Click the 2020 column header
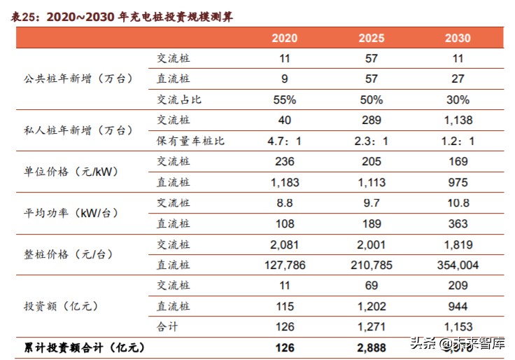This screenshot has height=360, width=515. (x=284, y=39)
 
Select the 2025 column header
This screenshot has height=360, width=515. (x=371, y=39)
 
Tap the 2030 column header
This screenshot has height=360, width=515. (x=458, y=39)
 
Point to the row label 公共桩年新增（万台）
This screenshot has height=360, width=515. (x=78, y=79)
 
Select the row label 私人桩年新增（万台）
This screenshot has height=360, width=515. (x=78, y=130)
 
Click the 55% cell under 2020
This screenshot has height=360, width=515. (x=284, y=99)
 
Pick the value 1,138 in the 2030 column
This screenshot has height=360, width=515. (x=458, y=120)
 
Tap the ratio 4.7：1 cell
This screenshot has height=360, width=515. (x=284, y=141)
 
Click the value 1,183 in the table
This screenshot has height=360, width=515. (x=284, y=182)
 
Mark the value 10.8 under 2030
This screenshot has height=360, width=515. (x=458, y=203)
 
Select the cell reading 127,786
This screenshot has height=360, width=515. (x=284, y=265)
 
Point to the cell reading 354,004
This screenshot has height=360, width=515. (x=458, y=265)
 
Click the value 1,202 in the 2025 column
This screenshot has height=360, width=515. (x=371, y=306)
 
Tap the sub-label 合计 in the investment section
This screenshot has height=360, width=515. (x=170, y=327)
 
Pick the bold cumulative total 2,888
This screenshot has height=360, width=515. (x=371, y=347)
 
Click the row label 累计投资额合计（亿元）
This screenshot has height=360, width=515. (x=84, y=347)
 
